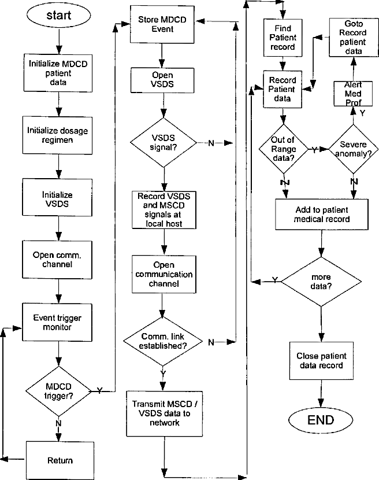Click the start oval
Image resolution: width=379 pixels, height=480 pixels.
(x=58, y=15)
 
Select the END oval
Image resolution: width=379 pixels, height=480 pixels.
(x=321, y=420)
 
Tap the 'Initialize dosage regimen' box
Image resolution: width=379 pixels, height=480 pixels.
(x=57, y=135)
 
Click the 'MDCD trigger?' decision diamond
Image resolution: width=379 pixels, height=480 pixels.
(x=58, y=391)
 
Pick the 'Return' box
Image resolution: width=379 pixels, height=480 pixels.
(x=60, y=460)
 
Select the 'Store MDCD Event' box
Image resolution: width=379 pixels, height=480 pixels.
(x=162, y=24)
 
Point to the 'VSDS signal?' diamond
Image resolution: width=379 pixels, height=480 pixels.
(x=164, y=143)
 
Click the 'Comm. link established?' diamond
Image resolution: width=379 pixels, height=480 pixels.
(x=163, y=341)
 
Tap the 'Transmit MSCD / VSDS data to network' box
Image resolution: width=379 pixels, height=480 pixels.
(x=165, y=413)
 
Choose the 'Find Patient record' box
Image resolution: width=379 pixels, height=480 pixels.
(x=283, y=38)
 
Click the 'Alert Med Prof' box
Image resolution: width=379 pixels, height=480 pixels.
(x=353, y=94)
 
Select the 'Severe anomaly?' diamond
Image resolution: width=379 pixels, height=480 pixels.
(x=354, y=149)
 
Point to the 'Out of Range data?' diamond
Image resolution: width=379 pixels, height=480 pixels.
(x=284, y=149)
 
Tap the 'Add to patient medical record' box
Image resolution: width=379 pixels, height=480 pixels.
(x=322, y=215)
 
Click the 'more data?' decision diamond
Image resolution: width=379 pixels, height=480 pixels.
(x=321, y=282)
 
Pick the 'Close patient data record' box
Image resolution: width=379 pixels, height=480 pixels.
(x=321, y=361)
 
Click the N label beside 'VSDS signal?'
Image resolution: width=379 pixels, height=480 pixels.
(x=211, y=143)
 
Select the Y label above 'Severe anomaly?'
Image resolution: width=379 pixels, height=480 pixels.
(x=362, y=113)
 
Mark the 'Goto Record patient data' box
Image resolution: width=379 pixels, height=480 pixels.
(x=354, y=38)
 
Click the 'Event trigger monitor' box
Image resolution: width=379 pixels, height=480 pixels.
(x=57, y=322)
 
